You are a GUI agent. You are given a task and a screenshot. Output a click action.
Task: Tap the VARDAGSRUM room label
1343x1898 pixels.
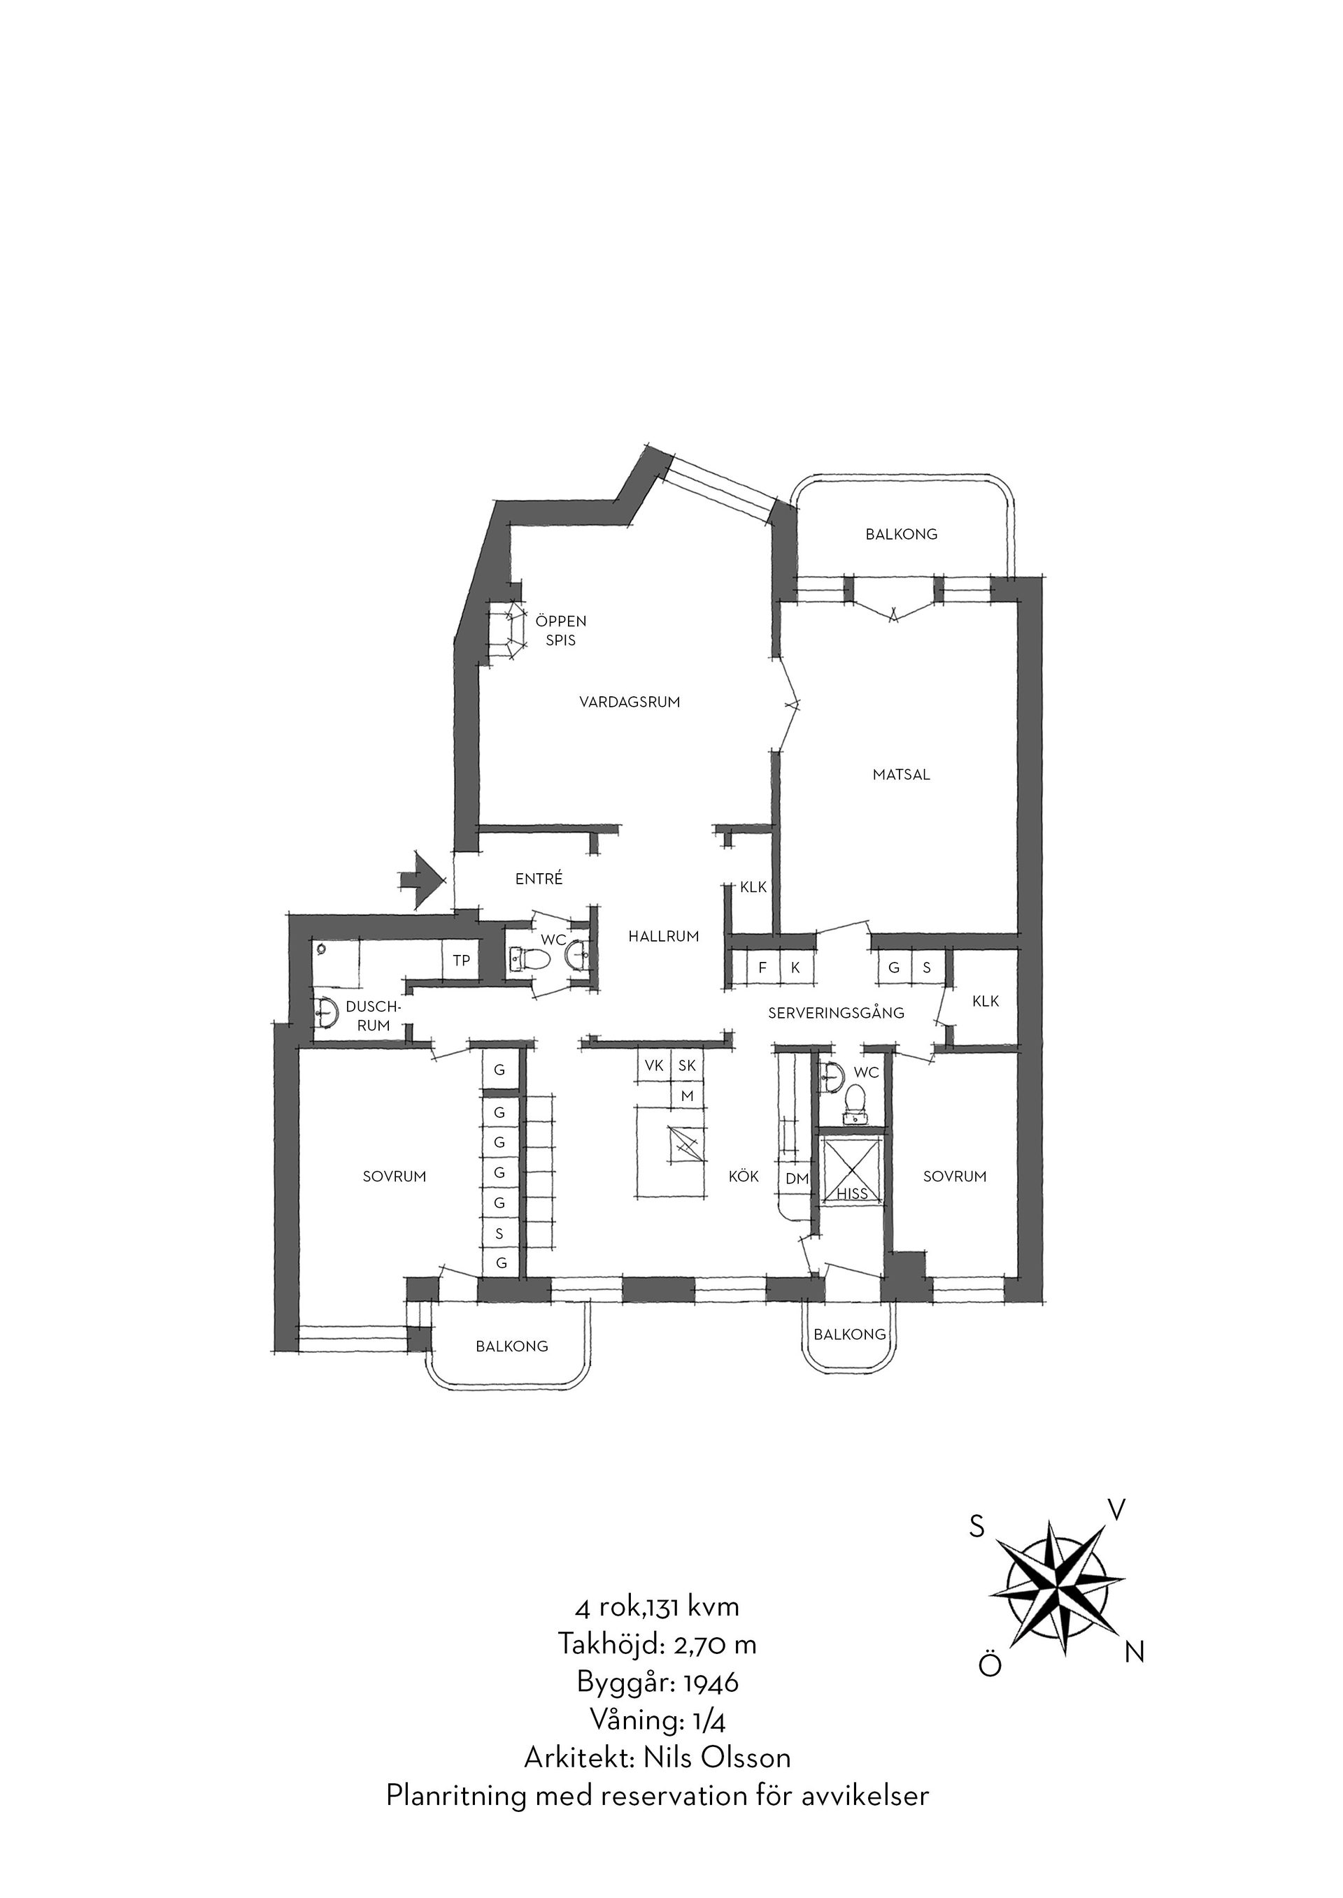point(630,703)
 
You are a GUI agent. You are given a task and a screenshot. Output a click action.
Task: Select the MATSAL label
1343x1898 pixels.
point(902,775)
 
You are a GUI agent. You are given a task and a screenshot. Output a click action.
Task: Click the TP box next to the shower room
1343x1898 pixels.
point(462,960)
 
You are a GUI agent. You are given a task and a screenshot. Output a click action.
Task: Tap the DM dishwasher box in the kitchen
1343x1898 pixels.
point(797,1179)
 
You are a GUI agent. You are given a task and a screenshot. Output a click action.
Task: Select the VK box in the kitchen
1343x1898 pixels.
point(653,1066)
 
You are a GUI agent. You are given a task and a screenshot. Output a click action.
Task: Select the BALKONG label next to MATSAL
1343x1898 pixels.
point(902,534)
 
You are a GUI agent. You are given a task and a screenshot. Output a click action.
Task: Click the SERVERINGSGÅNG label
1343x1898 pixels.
point(836,1013)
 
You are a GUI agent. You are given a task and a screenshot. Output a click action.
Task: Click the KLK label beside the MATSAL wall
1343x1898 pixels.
point(753,888)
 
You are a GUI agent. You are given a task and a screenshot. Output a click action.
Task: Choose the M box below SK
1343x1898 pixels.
point(686,1096)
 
